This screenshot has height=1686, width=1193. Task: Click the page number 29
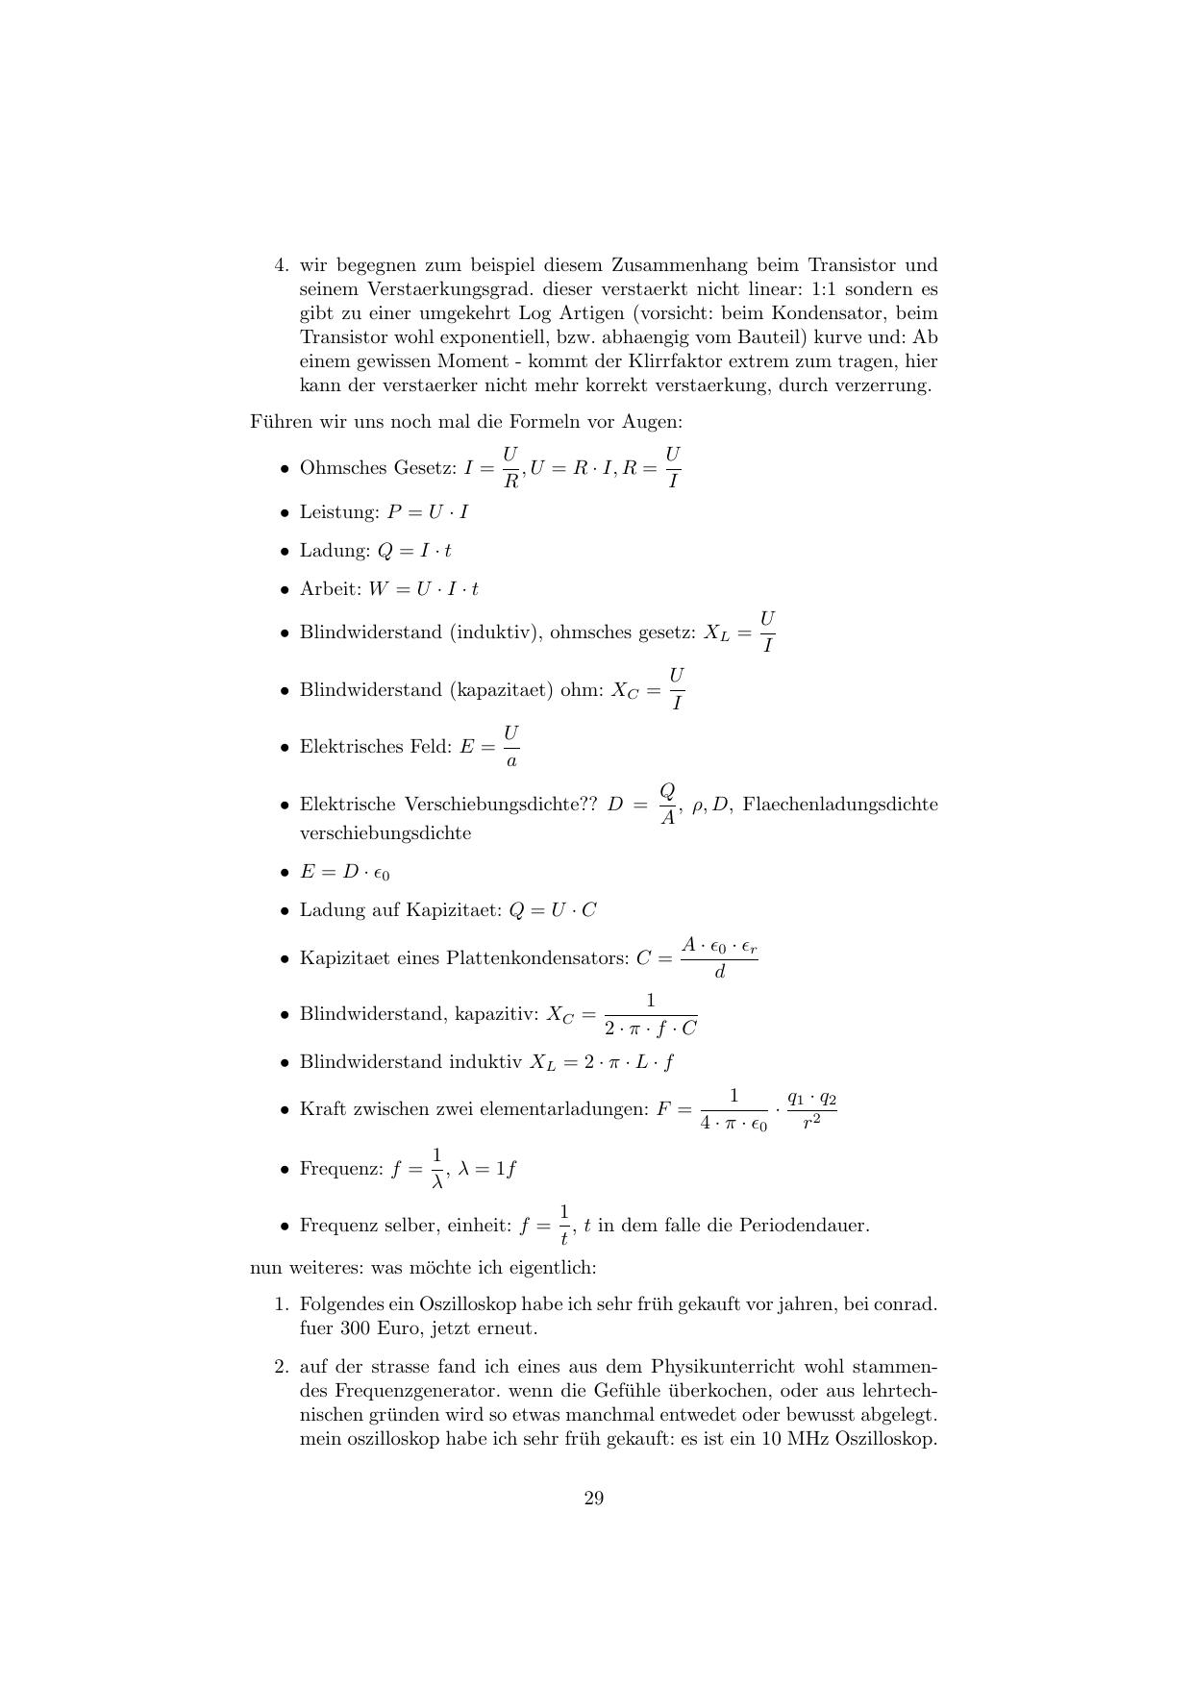[593, 1499]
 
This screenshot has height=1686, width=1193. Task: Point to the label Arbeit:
[330, 589]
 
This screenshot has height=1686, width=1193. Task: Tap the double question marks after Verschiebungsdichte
[587, 804]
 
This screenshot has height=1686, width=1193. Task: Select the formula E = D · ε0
[344, 873]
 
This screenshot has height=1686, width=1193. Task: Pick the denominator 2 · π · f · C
[651, 1028]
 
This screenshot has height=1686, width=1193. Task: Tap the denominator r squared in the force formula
[811, 1121]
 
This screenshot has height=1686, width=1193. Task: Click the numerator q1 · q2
[811, 1098]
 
